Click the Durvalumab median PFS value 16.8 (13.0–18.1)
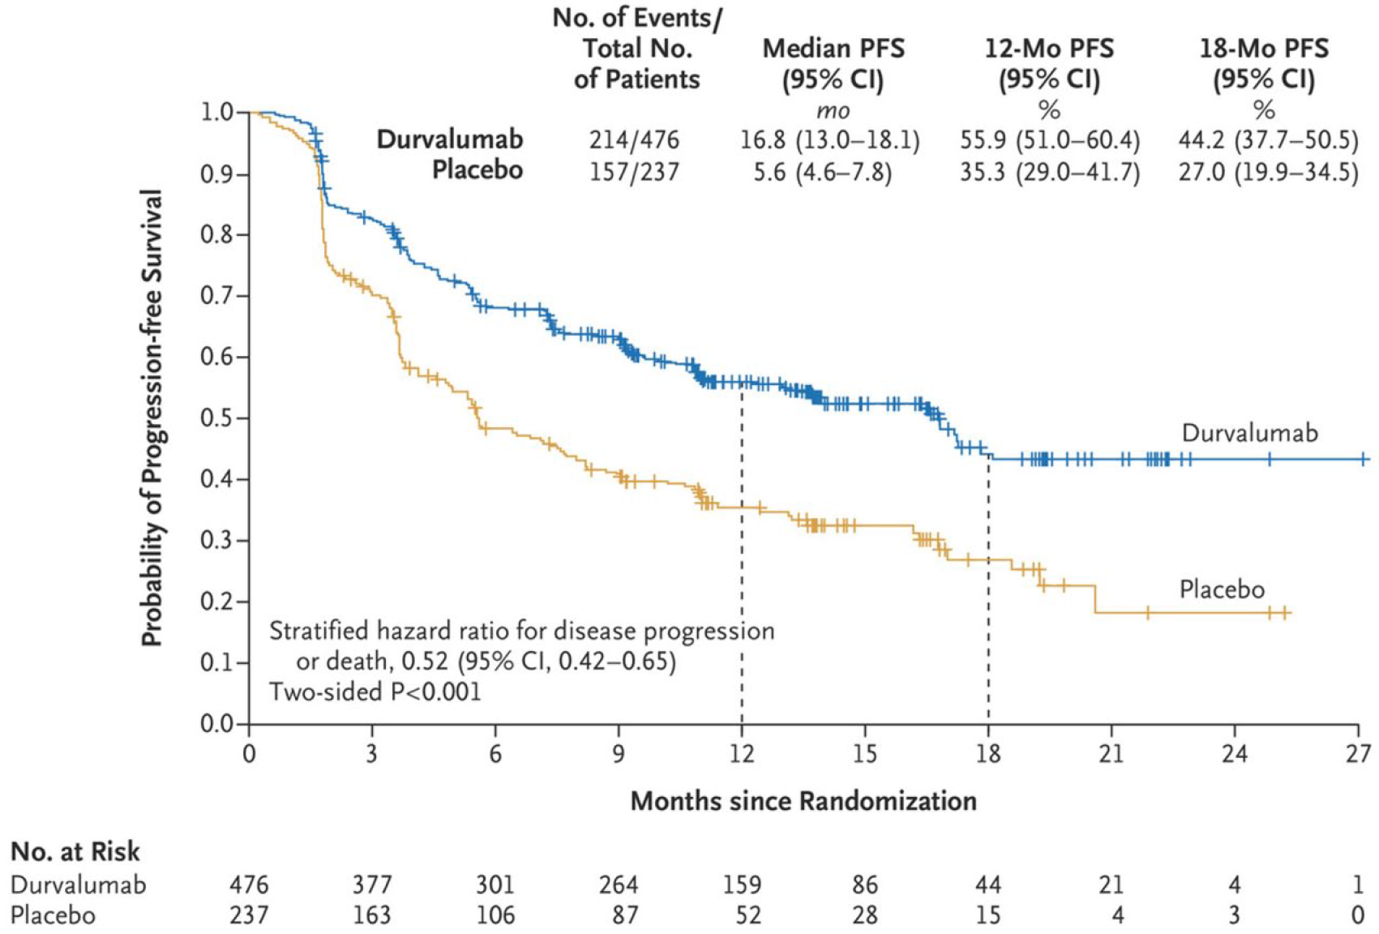pos(829,140)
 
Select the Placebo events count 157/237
pos(634,172)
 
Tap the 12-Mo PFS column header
pos(1049,64)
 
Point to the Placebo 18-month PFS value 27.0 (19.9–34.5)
pos(1268,172)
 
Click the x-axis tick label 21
pos(1111,753)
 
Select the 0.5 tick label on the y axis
pos(216,418)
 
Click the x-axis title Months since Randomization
pos(803,801)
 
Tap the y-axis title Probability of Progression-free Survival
pos(152,418)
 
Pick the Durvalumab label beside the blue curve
pos(1250,433)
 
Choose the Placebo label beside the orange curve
pos(1222,589)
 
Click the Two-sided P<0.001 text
pos(375,692)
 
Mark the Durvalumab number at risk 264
pos(619,885)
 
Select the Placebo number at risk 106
pos(495,915)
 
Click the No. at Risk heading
pos(75,851)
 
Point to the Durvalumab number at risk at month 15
pos(865,885)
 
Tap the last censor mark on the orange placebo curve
pos(1286,613)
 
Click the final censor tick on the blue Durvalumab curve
pos(1364,460)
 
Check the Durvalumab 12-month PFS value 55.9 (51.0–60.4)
pos(1050,140)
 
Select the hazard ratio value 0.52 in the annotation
pos(425,662)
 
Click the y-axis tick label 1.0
pos(216,112)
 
